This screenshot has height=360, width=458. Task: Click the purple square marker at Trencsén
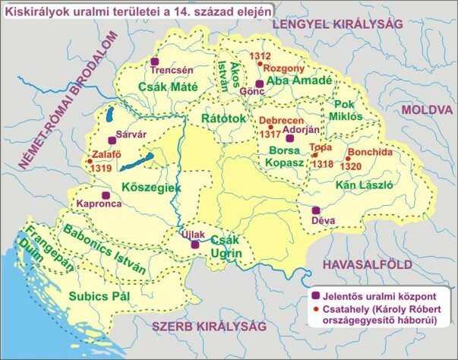[156, 60]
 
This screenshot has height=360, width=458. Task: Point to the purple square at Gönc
[259, 84]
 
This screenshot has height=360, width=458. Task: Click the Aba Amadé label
[298, 81]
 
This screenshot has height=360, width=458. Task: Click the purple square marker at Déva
[316, 210]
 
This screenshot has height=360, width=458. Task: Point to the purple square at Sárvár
[112, 137]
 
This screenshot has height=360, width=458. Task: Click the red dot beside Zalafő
[90, 161]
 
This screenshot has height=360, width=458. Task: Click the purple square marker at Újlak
[194, 245]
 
